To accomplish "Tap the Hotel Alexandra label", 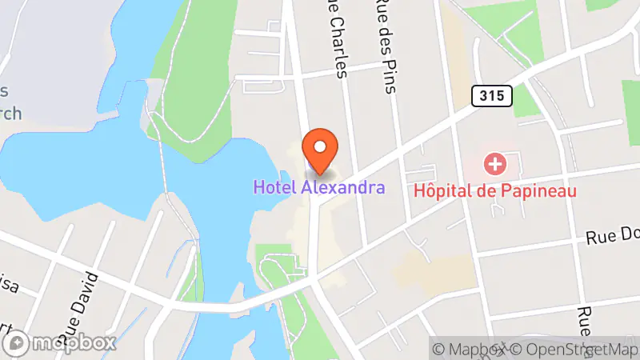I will coord(319,188).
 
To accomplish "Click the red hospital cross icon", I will coord(495,166).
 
